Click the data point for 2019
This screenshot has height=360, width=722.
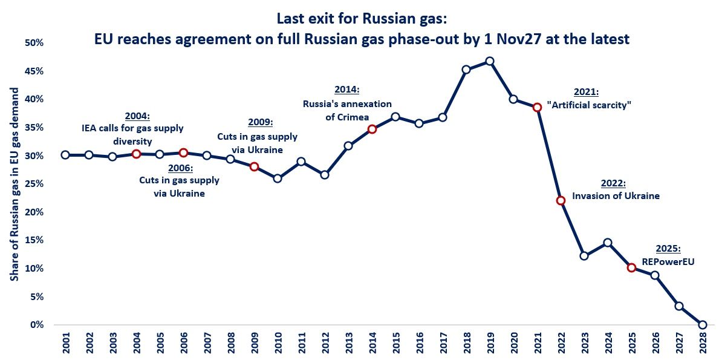490,61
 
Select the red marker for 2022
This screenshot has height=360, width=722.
561,200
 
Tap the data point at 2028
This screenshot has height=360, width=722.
702,325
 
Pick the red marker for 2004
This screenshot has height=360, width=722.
136,154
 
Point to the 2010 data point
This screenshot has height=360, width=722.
278,178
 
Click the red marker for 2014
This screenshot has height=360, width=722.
372,129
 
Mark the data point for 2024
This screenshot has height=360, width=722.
608,243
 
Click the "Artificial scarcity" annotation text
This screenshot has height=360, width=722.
589,105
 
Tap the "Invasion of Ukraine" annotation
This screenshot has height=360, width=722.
616,196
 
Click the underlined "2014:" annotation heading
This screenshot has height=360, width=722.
346,90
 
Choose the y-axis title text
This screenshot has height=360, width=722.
13,184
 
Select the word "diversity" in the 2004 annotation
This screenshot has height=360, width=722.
132,141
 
